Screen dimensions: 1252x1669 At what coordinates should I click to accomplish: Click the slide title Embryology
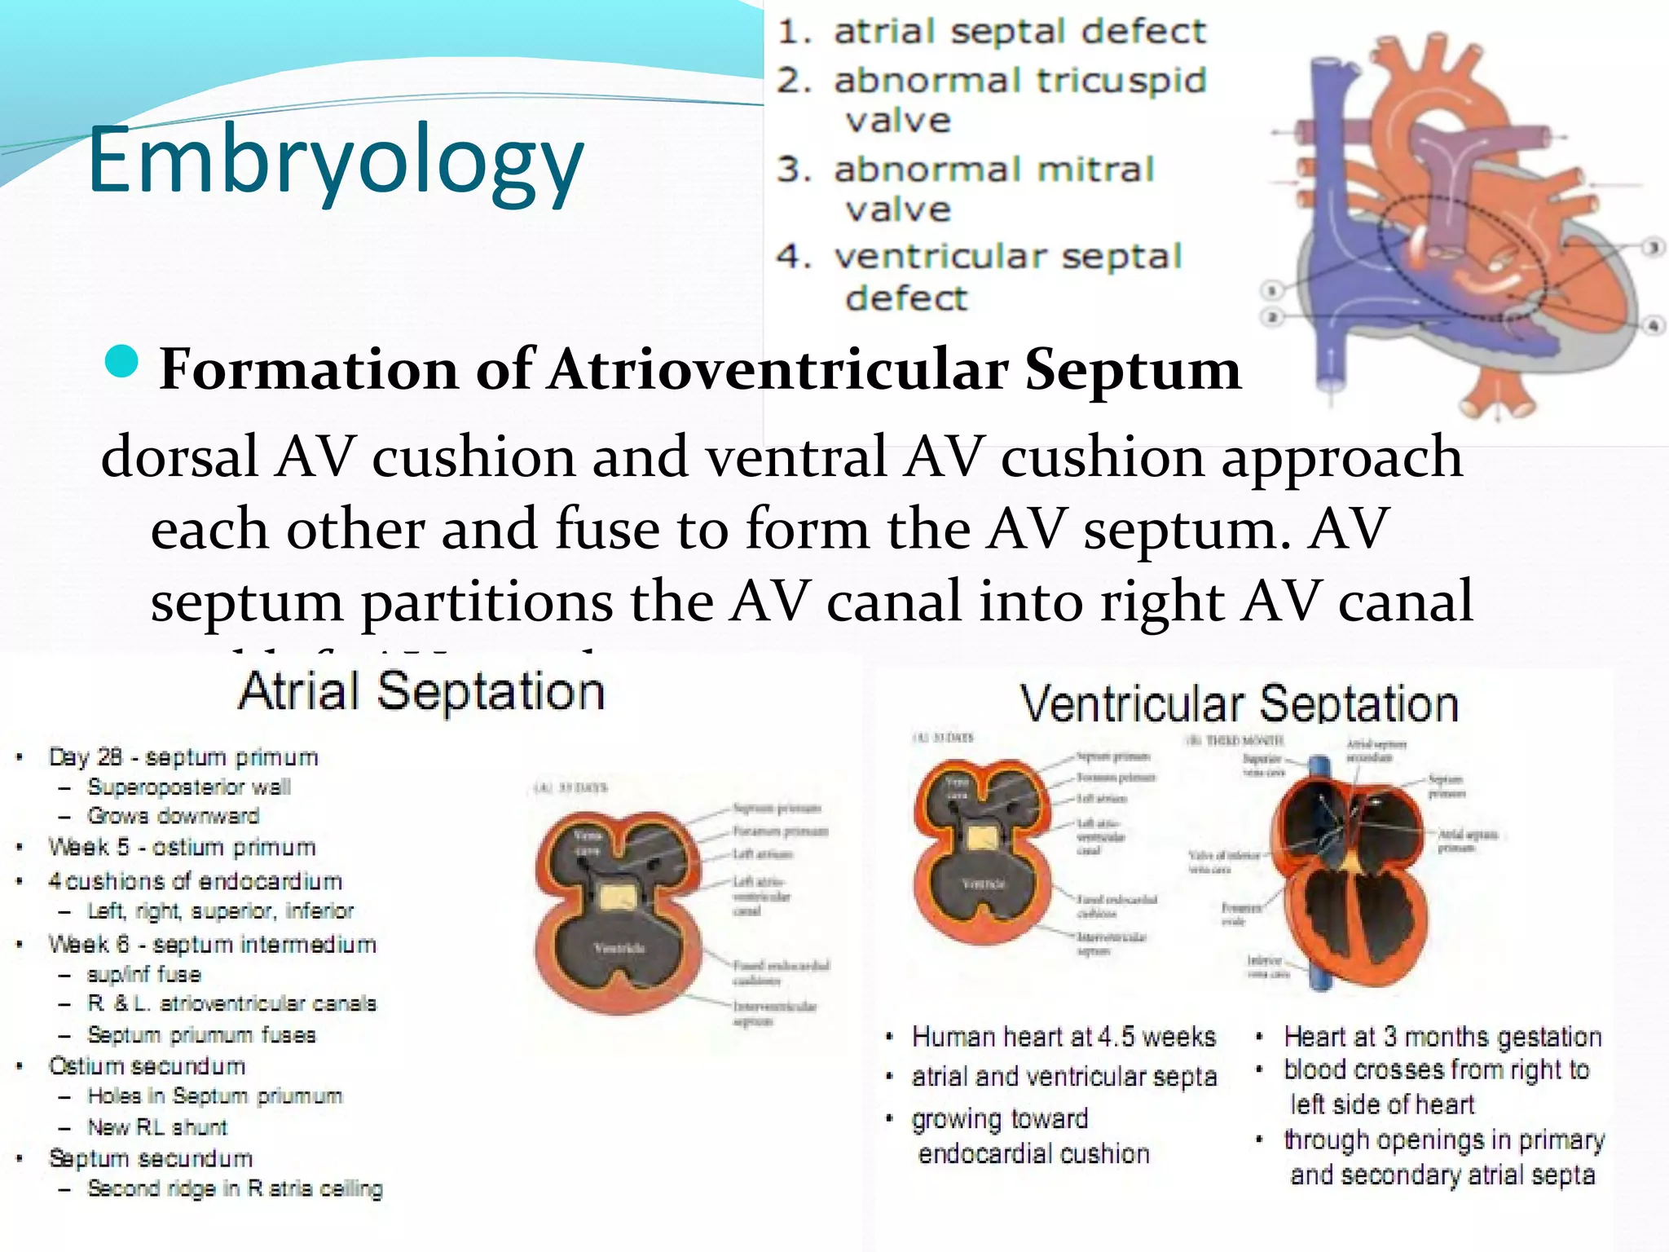(335, 160)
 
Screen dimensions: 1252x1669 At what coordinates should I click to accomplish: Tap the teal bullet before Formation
(122, 362)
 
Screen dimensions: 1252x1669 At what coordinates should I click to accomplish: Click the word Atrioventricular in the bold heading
(778, 368)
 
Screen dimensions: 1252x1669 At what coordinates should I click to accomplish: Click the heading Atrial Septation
(421, 691)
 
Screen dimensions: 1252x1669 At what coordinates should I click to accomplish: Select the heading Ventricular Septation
(1239, 703)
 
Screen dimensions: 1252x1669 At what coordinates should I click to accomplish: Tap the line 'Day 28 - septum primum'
(183, 757)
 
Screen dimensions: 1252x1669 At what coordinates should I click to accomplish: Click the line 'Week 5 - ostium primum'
(182, 848)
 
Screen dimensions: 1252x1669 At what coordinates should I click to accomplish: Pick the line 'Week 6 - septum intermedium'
(212, 945)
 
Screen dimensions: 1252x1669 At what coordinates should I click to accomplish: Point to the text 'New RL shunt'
(157, 1127)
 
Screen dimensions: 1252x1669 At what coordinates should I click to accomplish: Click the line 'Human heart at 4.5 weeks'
(1063, 1037)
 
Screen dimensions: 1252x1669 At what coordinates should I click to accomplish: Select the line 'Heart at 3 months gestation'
(1442, 1037)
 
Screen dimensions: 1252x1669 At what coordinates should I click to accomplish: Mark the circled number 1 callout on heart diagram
(1272, 290)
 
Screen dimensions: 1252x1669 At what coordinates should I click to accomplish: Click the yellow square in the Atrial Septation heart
(619, 898)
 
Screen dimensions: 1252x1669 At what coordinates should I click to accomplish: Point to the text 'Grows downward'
(173, 816)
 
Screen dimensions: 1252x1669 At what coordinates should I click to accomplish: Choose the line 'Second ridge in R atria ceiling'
(235, 1188)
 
